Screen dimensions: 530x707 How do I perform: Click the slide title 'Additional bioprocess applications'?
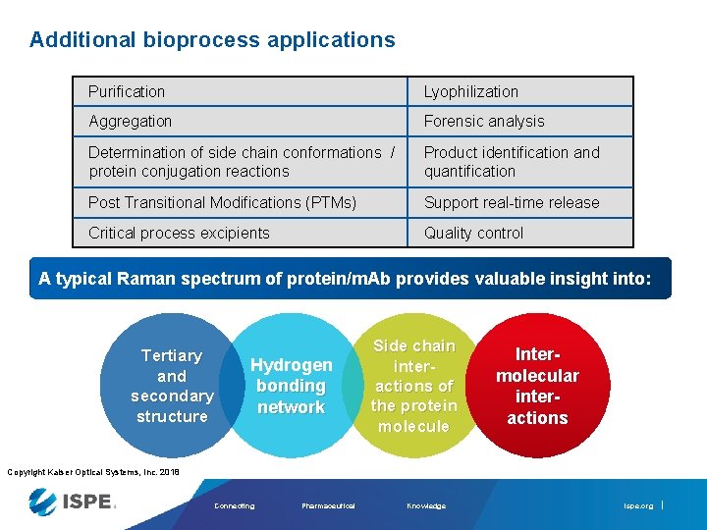212,40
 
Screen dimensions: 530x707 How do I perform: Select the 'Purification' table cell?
241,91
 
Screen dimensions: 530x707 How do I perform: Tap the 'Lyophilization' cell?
520,91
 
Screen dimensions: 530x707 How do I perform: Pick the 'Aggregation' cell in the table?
241,122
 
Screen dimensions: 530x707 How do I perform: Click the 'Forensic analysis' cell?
520,122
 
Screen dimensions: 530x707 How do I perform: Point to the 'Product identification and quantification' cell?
520,162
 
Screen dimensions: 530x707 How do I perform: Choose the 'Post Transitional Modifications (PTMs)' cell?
241,202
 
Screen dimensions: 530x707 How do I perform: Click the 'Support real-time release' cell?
520,202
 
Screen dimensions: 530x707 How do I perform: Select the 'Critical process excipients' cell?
241,233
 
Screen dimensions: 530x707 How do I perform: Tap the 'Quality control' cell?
520,233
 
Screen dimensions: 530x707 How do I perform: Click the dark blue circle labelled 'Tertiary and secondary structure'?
172,385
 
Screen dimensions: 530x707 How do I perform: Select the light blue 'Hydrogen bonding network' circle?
291,386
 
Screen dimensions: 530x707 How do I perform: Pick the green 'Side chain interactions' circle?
413,386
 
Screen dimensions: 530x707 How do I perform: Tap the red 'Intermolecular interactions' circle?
537,384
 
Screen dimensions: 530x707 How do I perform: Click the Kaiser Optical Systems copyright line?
93,472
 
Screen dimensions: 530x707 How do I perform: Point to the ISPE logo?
73,502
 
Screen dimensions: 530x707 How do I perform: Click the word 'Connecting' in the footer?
234,506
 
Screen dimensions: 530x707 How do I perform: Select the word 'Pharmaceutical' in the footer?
328,506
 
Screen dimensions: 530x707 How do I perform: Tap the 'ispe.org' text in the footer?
637,506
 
